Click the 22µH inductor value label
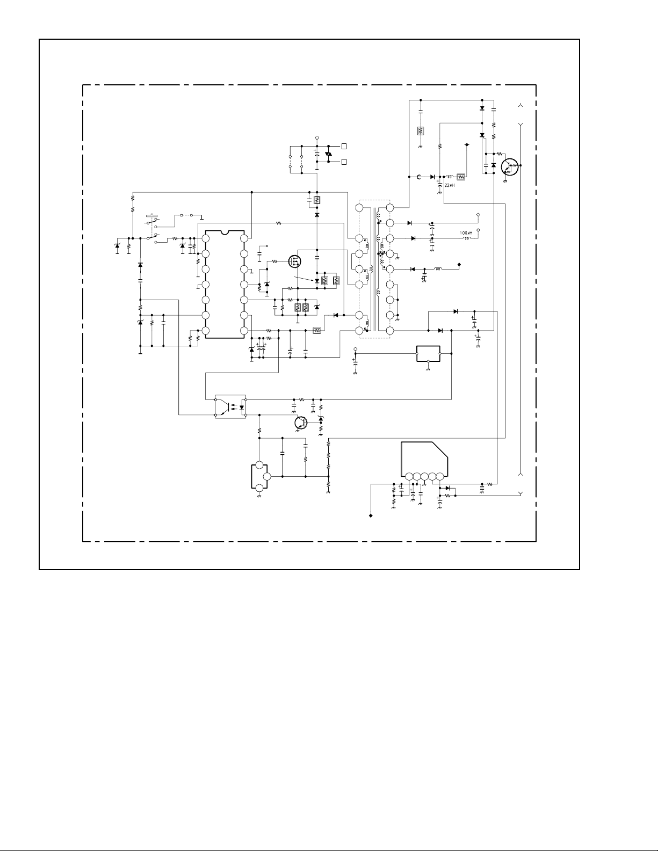pyautogui.click(x=450, y=185)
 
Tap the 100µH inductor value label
pyautogui.click(x=466, y=233)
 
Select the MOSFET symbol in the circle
pyautogui.click(x=295, y=261)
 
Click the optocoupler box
pyautogui.click(x=230, y=407)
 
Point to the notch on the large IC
pyautogui.click(x=225, y=232)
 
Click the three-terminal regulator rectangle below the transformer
pyautogui.click(x=428, y=354)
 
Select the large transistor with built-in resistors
pyautogui.click(x=509, y=166)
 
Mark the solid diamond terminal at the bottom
pyautogui.click(x=371, y=516)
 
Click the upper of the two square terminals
pyautogui.click(x=344, y=146)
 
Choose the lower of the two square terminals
pyautogui.click(x=344, y=161)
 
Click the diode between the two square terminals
pyautogui.click(x=328, y=154)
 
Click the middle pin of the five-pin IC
pyautogui.click(x=424, y=476)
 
